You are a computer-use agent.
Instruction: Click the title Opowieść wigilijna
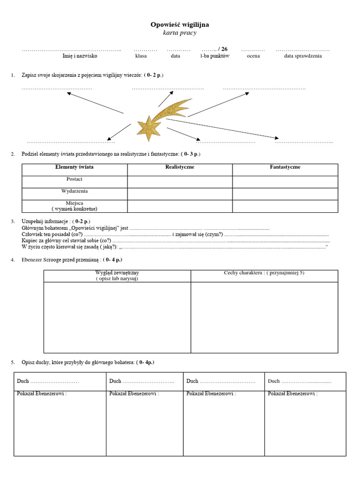pos(180,24)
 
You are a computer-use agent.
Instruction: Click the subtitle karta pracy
pos(180,33)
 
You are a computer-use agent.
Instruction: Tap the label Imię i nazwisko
pos(80,56)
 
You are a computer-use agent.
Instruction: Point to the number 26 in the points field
pos(224,49)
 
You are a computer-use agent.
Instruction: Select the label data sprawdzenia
pos(303,56)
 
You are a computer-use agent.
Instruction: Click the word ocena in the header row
pos(253,56)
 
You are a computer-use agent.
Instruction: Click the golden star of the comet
pos(149,127)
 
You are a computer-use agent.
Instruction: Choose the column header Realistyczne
pos(180,167)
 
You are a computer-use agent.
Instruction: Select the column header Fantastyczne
pos(285,167)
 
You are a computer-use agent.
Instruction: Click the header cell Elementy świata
pos(74,167)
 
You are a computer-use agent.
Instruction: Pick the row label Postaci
pos(74,179)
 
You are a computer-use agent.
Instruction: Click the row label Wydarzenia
pos(74,191)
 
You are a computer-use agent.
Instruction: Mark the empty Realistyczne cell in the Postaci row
pos(180,182)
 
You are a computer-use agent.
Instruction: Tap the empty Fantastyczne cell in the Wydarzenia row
pos(285,194)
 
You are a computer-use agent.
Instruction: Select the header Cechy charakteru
pos(264,273)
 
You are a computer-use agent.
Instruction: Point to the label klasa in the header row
pos(141,56)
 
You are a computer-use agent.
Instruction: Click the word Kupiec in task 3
pos(29,240)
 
